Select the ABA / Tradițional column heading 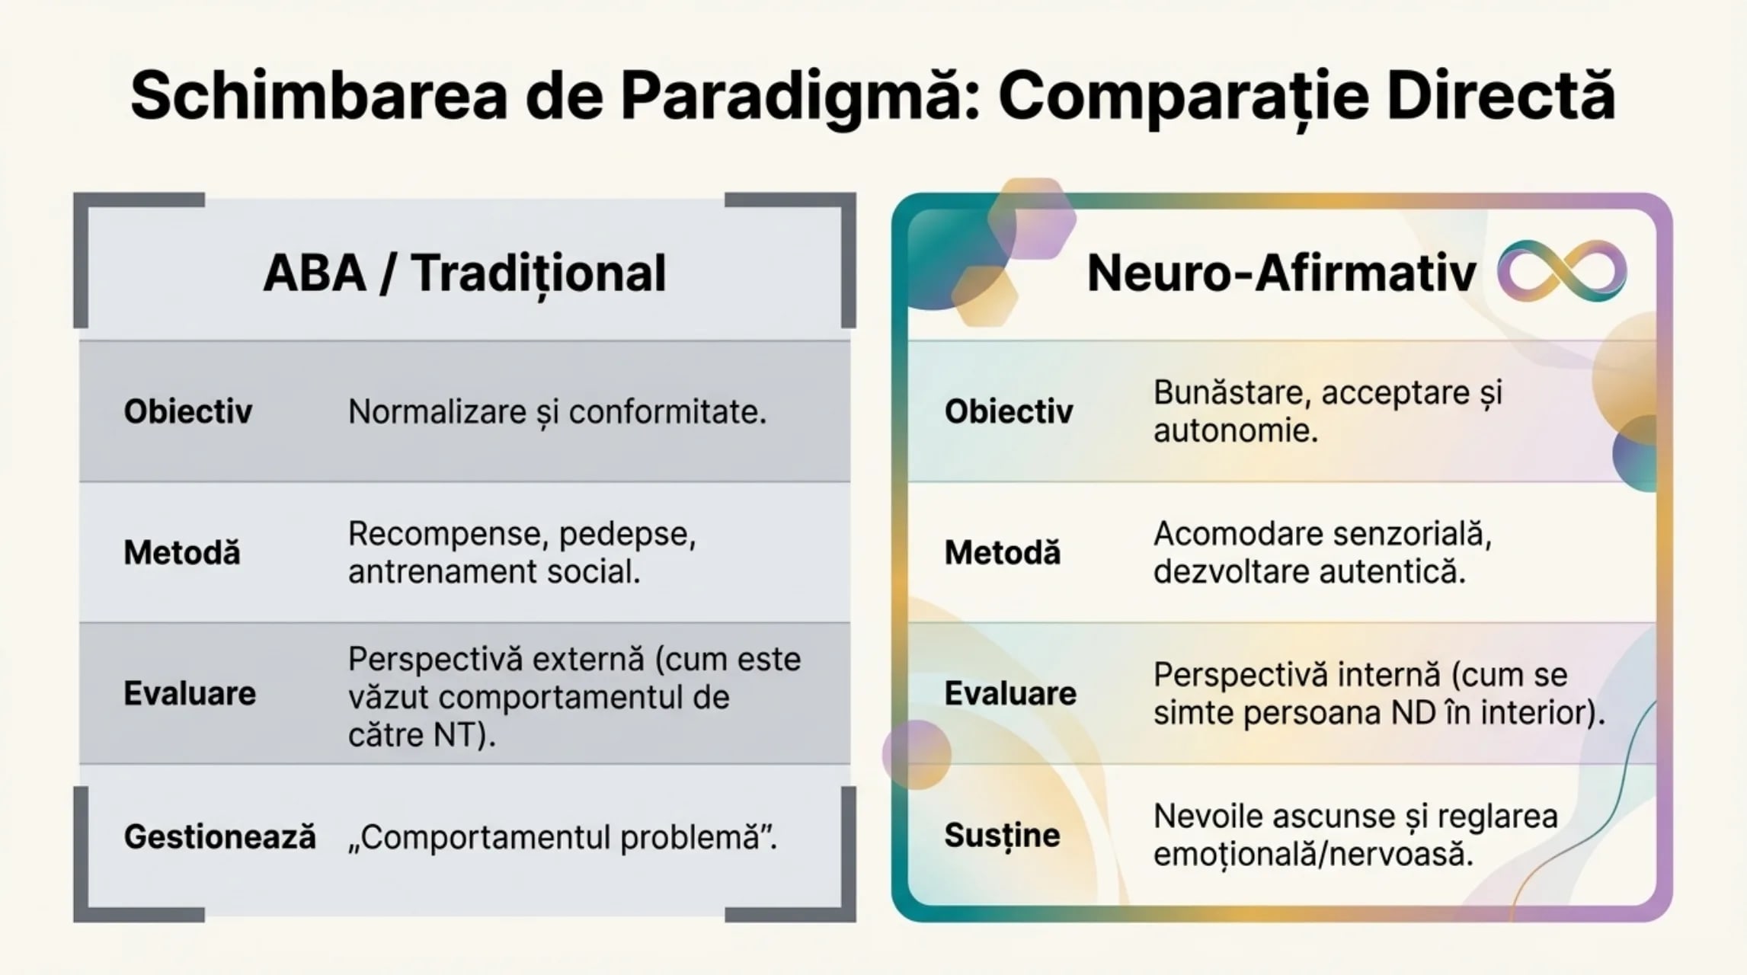pos(464,273)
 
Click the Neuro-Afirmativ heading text pos(1281,273)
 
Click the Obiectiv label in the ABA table pos(187,412)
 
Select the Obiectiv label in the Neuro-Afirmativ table pos(1008,412)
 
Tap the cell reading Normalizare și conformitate pos(557,412)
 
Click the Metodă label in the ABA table pos(182,553)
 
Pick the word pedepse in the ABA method pos(626,534)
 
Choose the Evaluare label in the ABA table pos(190,694)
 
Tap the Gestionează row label pos(219,837)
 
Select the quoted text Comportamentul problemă pos(562,837)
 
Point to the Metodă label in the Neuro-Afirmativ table pos(1002,553)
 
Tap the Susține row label pos(1002,836)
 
